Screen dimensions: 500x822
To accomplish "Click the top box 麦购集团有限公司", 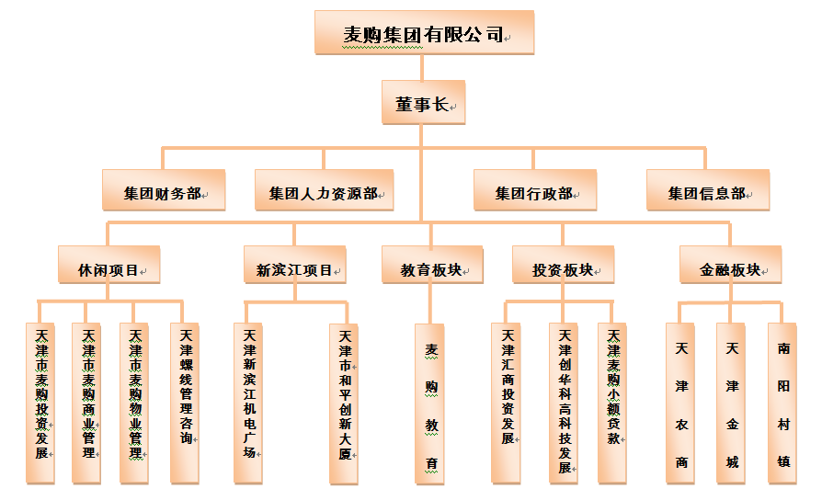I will click(x=423, y=33).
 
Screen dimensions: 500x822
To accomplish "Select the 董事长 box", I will click(x=422, y=102).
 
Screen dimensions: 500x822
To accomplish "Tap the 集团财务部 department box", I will click(x=163, y=191).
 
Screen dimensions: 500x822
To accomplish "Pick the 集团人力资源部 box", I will click(x=323, y=191).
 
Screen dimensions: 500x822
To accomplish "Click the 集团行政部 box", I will click(x=534, y=191).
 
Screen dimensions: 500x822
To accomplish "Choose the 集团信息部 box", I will click(x=706, y=191).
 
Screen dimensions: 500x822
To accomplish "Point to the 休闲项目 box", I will click(x=108, y=267).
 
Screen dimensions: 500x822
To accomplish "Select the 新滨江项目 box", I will click(x=294, y=267).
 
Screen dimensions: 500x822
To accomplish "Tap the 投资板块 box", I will click(x=562, y=267).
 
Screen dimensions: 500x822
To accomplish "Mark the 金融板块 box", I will click(x=730, y=267).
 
